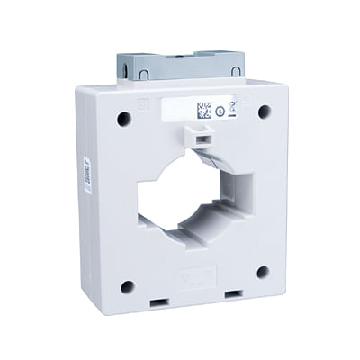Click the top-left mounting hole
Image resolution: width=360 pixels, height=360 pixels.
(123, 118)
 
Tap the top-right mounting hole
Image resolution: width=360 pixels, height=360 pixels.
(265, 112)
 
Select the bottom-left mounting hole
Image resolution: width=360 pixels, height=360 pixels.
(127, 286)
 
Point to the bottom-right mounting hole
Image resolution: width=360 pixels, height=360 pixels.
(262, 272)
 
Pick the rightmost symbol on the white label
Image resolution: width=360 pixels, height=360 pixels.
(232, 111)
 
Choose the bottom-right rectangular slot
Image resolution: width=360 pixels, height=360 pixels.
(233, 293)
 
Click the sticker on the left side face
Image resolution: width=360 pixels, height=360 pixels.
(86, 175)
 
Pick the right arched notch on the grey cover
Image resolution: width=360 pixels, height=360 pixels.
(235, 69)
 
